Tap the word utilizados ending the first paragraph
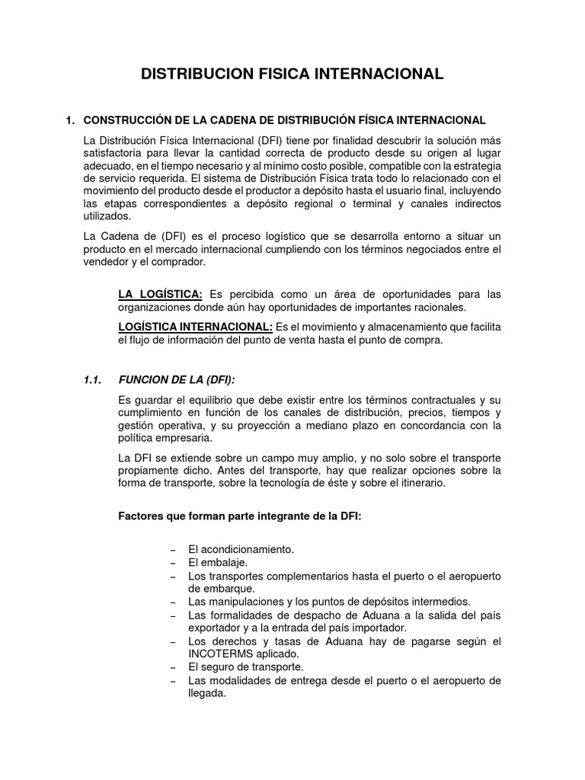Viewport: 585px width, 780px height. click(107, 216)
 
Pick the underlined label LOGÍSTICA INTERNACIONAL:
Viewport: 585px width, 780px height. click(196, 327)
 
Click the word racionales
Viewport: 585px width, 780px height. click(438, 307)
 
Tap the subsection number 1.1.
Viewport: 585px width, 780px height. click(93, 379)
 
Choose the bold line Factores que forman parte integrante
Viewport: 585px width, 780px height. click(240, 516)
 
